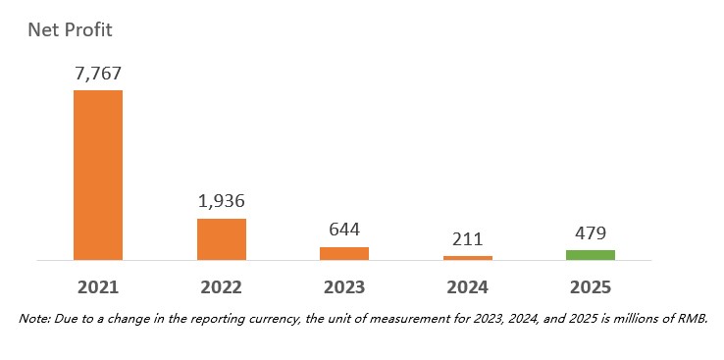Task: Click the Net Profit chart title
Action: click(x=70, y=30)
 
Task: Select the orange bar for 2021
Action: click(x=98, y=175)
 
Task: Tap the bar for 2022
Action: click(x=222, y=239)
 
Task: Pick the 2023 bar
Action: click(x=344, y=253)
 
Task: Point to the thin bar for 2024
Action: click(x=468, y=258)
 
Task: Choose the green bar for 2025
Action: click(x=591, y=255)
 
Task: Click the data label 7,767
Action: click(x=98, y=74)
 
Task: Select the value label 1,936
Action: click(x=222, y=201)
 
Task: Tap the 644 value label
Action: click(x=344, y=230)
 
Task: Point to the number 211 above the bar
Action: click(x=468, y=239)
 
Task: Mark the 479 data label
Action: click(x=591, y=233)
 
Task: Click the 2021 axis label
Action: click(x=98, y=287)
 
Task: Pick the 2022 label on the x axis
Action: click(x=221, y=287)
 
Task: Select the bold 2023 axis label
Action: click(x=344, y=287)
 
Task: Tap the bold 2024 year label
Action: click(x=468, y=287)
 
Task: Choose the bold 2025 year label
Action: click(x=591, y=287)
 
